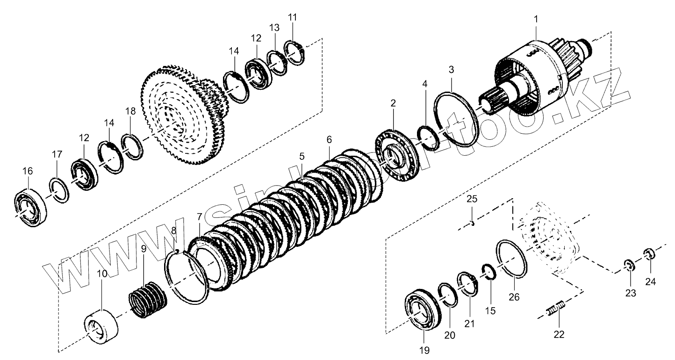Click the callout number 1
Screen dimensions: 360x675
tap(536, 19)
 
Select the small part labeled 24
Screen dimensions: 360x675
tap(649, 254)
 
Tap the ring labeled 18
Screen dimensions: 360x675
tap(132, 146)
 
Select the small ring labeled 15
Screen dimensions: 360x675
tap(488, 272)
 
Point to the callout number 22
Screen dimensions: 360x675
tap(559, 334)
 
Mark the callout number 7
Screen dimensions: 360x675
tap(200, 217)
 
